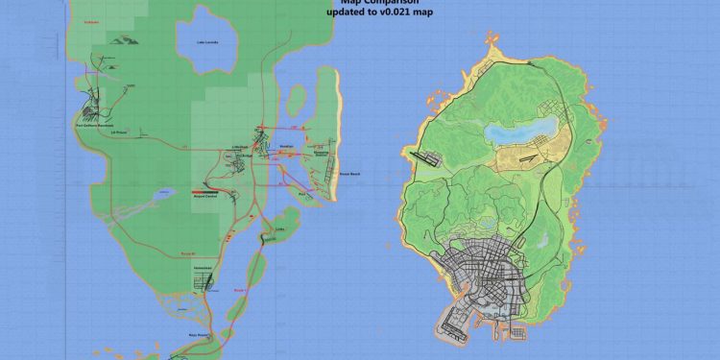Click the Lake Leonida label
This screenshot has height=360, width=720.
[205, 42]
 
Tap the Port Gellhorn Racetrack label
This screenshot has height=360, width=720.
[95, 125]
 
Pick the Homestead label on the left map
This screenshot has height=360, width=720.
[203, 266]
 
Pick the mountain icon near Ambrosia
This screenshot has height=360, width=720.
[122, 39]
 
